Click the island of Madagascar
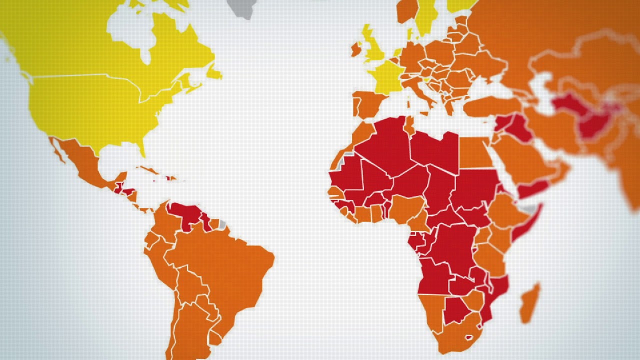pos(529,303)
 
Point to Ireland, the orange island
pos(356,49)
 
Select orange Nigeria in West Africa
pos(407,208)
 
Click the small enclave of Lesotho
pos(469,336)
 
